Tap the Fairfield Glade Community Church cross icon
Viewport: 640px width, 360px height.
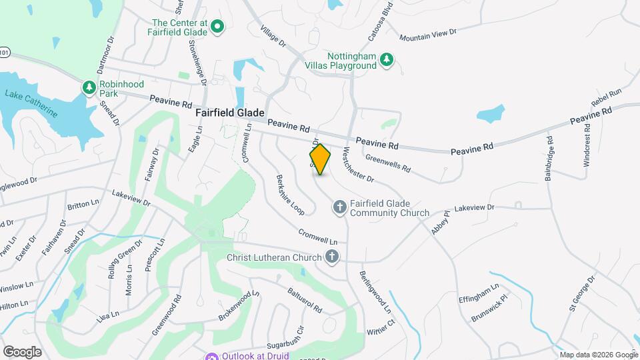tap(339, 208)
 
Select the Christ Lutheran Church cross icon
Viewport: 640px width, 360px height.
tap(332, 257)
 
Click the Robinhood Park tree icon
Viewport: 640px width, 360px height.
tap(89, 87)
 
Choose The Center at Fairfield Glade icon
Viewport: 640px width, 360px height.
tap(217, 27)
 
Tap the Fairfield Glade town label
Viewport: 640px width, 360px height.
tap(230, 113)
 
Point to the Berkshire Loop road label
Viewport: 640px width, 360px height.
tap(290, 195)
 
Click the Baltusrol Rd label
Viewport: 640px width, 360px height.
tap(305, 300)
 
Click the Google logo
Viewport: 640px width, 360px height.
tap(22, 351)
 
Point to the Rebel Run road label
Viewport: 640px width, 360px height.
tap(605, 98)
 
